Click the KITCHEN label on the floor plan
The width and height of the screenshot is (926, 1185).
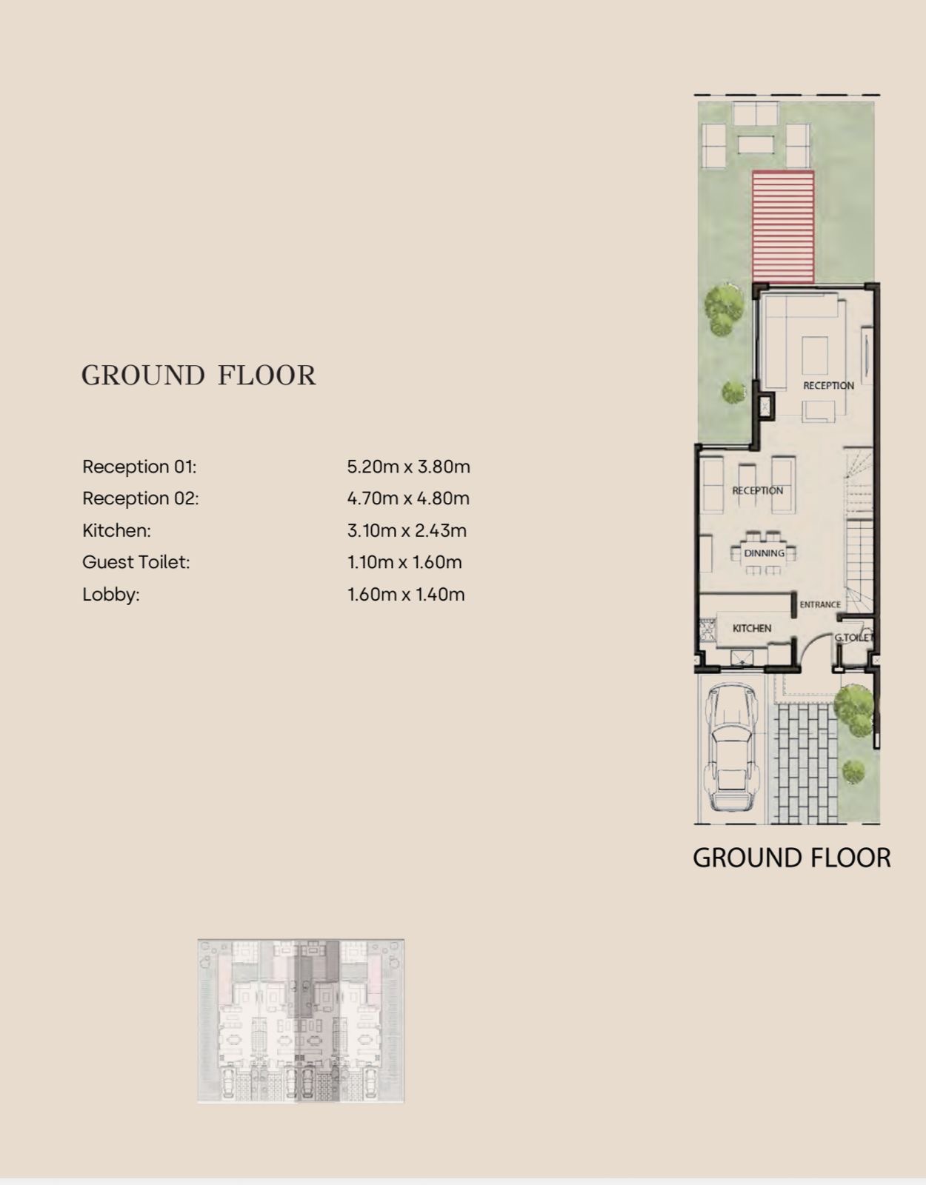pyautogui.click(x=751, y=628)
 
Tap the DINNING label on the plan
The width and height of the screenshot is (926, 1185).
pyautogui.click(x=764, y=553)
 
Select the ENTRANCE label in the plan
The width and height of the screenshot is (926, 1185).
pyautogui.click(x=819, y=604)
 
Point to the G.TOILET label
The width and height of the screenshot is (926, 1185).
pyautogui.click(x=853, y=637)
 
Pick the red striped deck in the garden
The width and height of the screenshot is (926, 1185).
pyautogui.click(x=783, y=227)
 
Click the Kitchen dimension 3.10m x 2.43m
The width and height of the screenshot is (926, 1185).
pyautogui.click(x=407, y=530)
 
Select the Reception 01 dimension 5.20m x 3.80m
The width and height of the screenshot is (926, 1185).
pyautogui.click(x=408, y=467)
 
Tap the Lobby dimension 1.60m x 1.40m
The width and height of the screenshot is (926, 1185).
pyautogui.click(x=406, y=595)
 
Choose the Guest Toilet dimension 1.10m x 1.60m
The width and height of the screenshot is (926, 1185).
pyautogui.click(x=404, y=562)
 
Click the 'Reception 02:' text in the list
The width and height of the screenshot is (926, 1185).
pyautogui.click(x=141, y=498)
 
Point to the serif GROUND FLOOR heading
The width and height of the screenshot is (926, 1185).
pyautogui.click(x=199, y=375)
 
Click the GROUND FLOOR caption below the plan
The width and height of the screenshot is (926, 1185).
pyautogui.click(x=791, y=858)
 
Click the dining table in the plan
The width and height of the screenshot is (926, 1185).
pyautogui.click(x=764, y=553)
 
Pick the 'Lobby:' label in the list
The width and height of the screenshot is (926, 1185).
pyautogui.click(x=110, y=595)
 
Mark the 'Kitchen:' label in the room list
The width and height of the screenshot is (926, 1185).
pyautogui.click(x=116, y=530)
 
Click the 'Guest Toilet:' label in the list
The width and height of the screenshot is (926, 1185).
pyautogui.click(x=136, y=562)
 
